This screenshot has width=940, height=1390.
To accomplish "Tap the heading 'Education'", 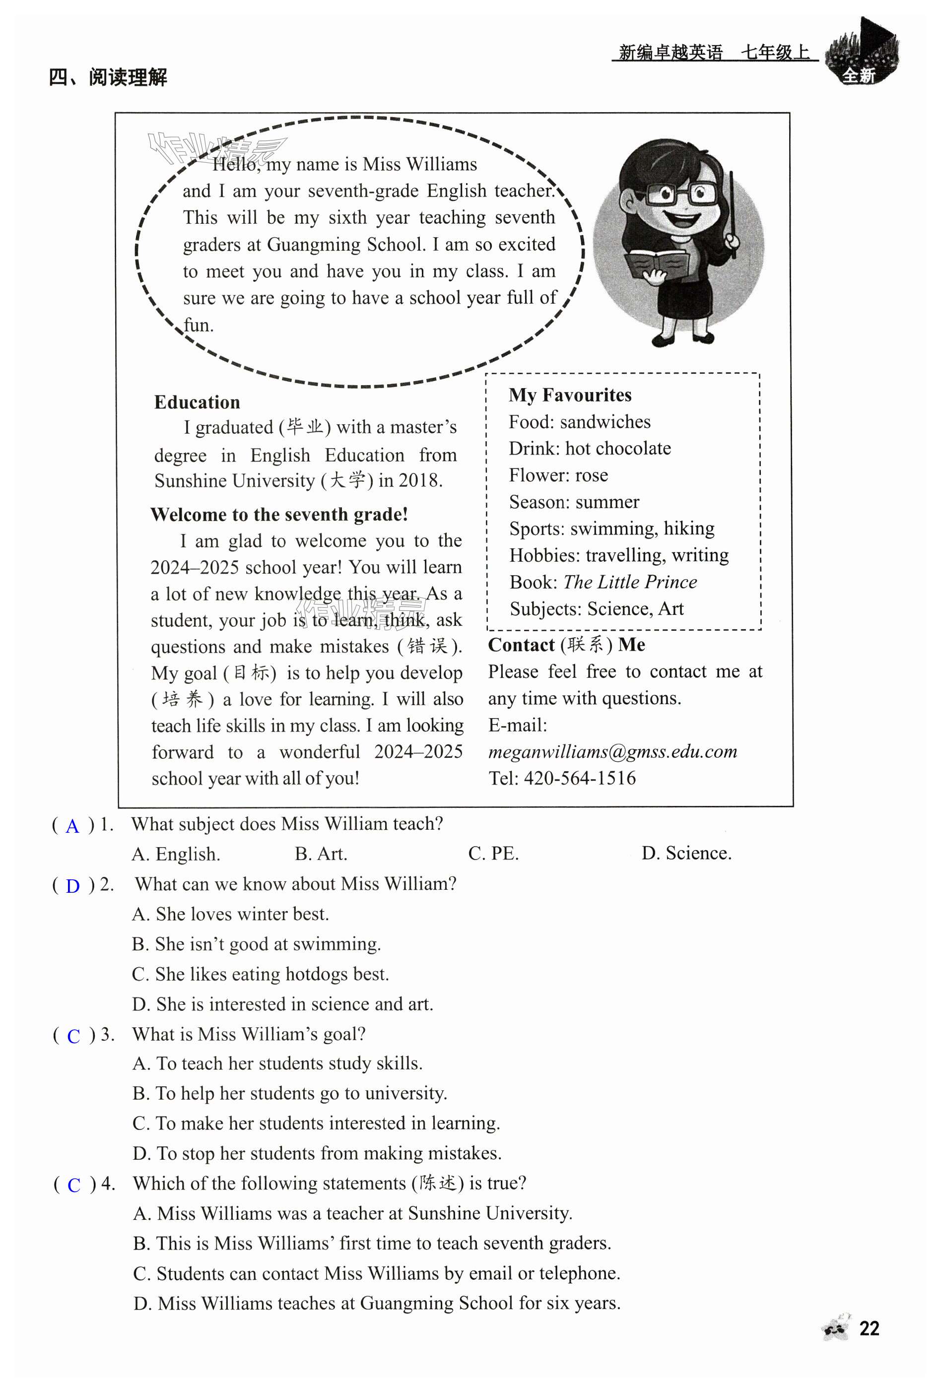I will point(197,402).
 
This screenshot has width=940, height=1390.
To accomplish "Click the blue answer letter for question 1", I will point(72,826).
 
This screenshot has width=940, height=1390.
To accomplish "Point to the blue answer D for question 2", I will point(72,886).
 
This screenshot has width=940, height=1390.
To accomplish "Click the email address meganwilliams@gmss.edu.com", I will point(612,752).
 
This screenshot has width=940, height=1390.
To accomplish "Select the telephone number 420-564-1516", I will point(579,778).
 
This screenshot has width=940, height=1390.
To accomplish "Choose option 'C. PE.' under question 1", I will point(493,854).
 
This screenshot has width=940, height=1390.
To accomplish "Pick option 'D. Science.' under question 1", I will point(686,853).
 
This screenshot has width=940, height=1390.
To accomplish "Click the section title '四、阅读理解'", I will point(108,77).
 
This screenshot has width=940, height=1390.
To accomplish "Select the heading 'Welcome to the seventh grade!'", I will point(279,515).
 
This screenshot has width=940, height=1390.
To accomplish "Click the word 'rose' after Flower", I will point(591,475).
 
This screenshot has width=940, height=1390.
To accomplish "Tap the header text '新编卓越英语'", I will point(670,53).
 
